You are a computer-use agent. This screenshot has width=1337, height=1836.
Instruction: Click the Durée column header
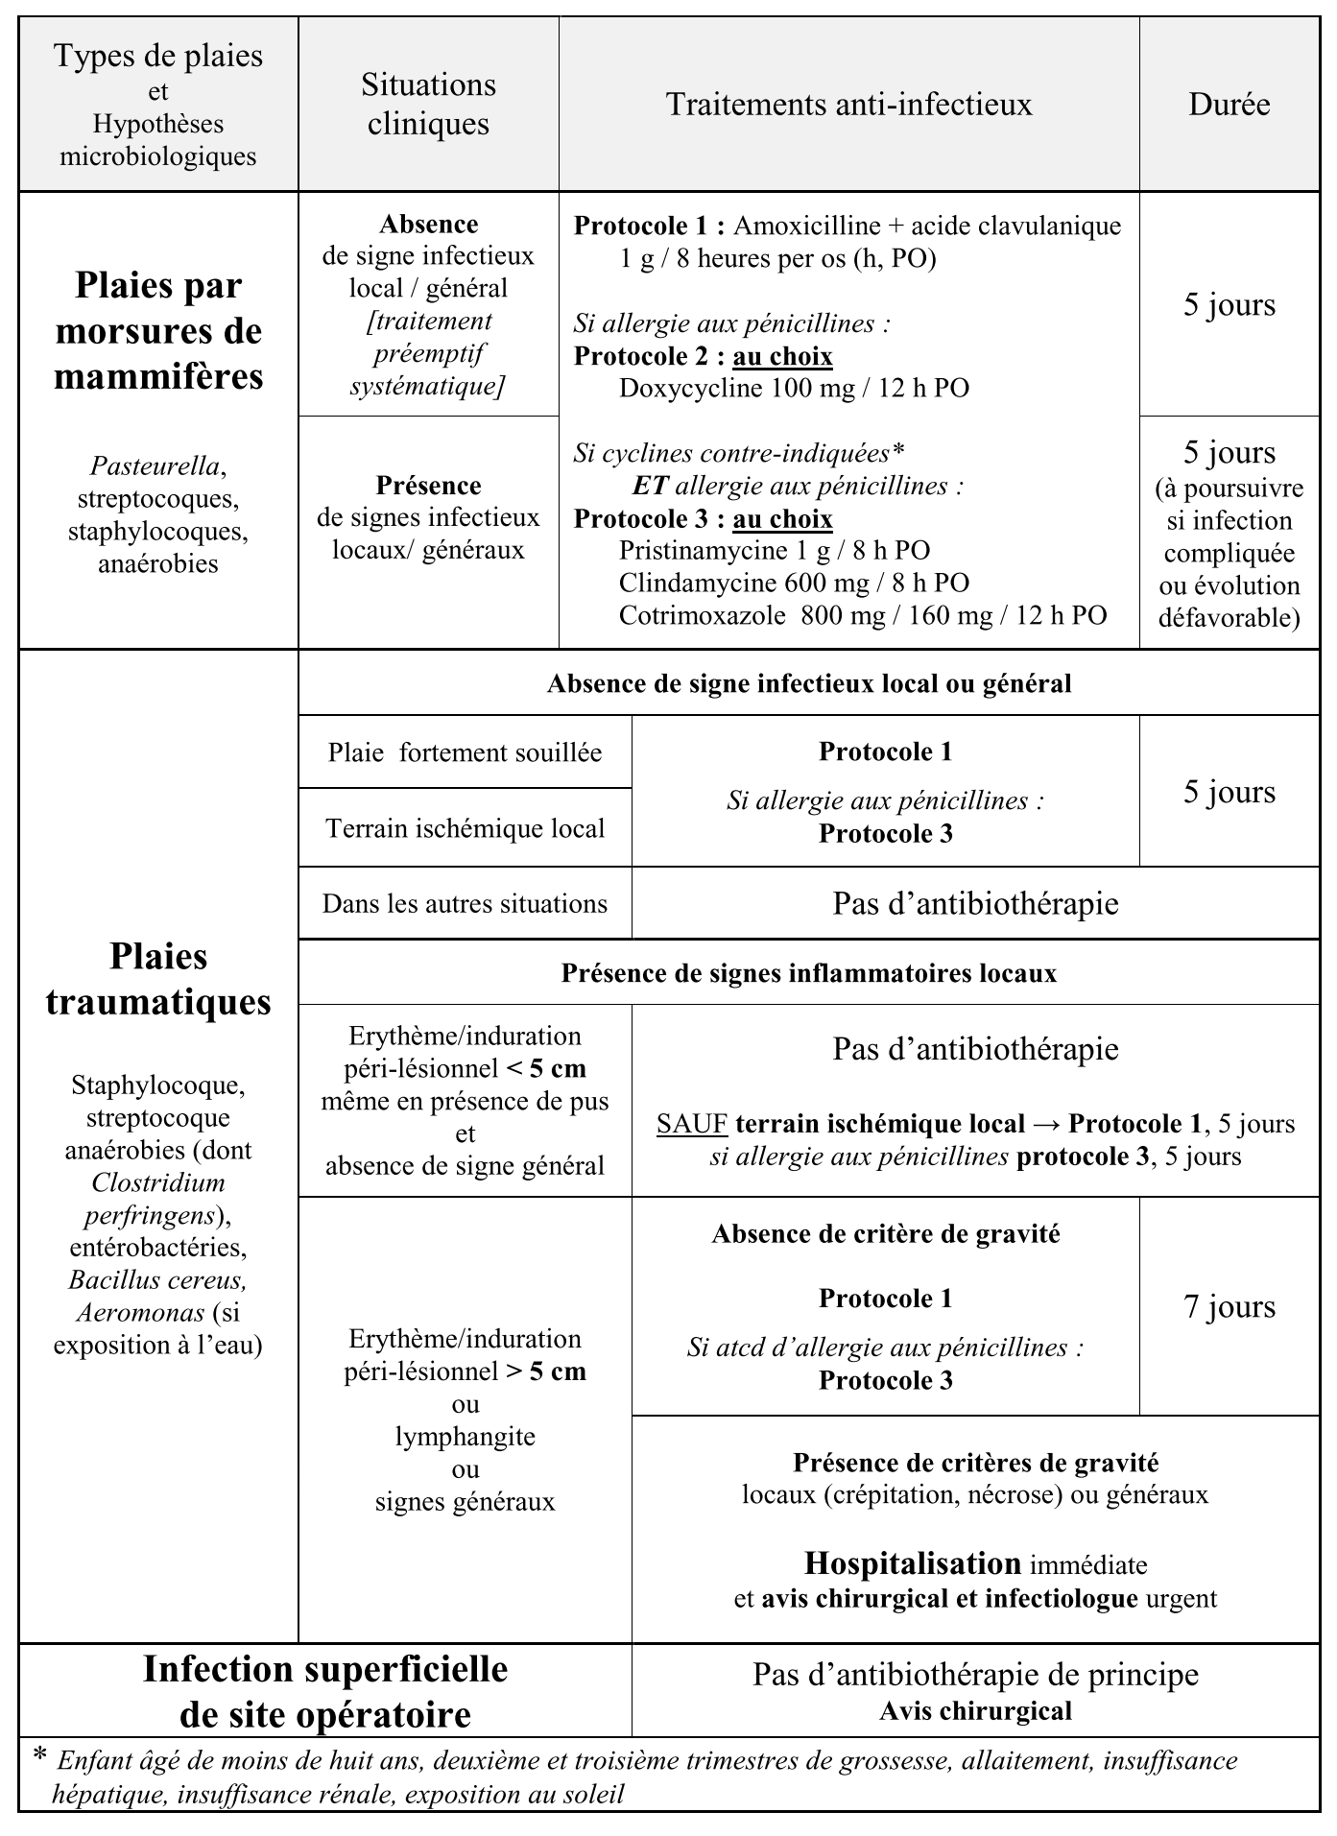[x=1229, y=104]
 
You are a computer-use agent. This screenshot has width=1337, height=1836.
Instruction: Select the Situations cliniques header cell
[x=428, y=104]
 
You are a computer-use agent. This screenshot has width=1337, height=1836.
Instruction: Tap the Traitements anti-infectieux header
[x=848, y=104]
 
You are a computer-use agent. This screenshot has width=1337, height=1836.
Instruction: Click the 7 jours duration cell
[x=1229, y=1307]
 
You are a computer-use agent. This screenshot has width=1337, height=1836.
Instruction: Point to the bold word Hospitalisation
[x=912, y=1563]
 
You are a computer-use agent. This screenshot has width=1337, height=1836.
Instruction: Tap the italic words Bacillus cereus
[x=158, y=1280]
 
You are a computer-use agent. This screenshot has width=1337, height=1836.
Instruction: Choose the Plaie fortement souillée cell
[x=465, y=752]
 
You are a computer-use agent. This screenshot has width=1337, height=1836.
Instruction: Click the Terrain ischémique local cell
[x=465, y=828]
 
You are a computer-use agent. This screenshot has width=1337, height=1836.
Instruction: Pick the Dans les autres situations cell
[x=465, y=904]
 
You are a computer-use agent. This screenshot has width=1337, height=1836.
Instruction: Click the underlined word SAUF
[x=690, y=1124]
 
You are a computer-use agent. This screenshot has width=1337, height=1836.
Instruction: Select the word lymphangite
[x=465, y=1437]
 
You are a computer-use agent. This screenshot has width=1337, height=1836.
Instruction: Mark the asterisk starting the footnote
[x=40, y=1753]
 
